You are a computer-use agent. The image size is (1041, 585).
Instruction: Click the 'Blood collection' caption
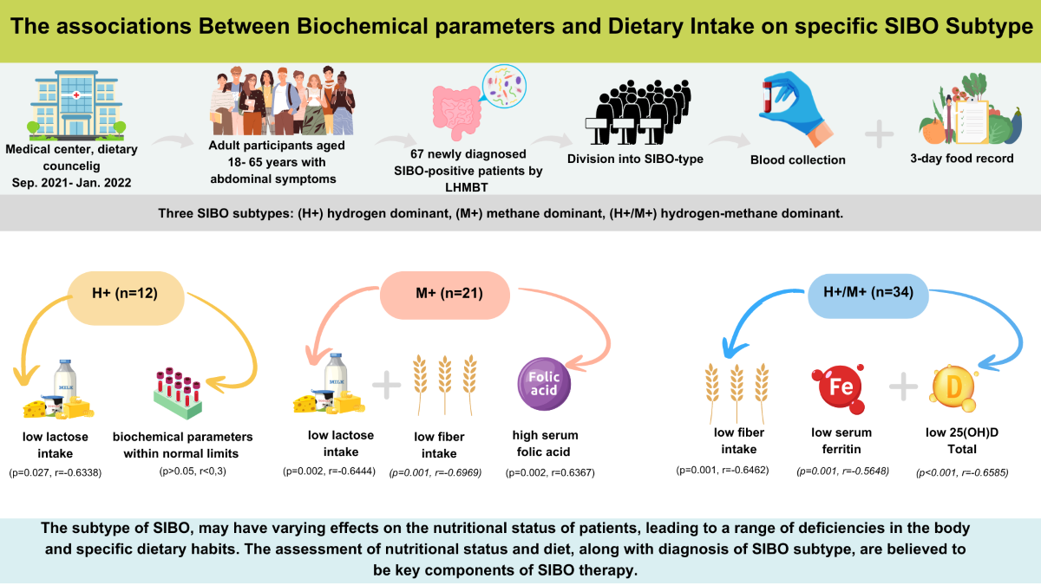point(799,159)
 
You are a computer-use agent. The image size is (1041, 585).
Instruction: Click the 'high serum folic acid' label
point(545,442)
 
